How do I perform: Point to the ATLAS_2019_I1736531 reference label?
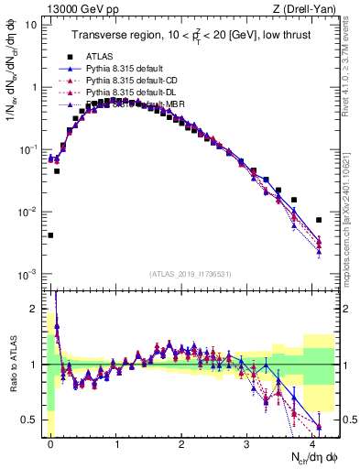189,274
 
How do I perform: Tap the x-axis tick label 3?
247,442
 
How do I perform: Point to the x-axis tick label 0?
50,442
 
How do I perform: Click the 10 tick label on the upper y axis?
29,25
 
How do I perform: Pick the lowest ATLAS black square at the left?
50,235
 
